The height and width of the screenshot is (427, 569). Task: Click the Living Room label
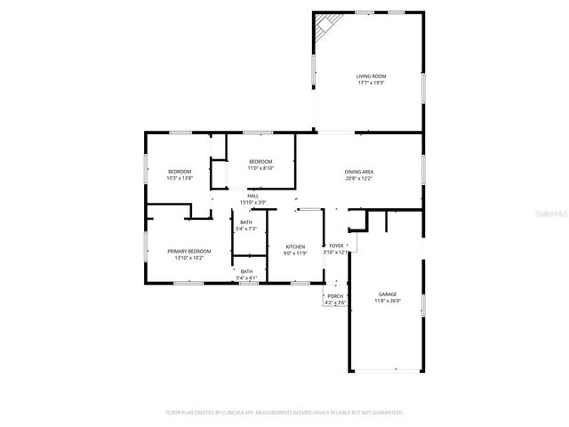pyautogui.click(x=372, y=77)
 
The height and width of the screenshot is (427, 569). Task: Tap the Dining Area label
pyautogui.click(x=358, y=172)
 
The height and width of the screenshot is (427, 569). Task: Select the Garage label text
pyautogui.click(x=388, y=294)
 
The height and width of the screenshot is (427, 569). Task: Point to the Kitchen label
pyautogui.click(x=295, y=246)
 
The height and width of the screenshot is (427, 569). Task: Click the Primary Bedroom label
pyautogui.click(x=189, y=251)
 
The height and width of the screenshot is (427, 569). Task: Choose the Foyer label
pyautogui.click(x=336, y=246)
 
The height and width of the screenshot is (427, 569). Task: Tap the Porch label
pyautogui.click(x=335, y=296)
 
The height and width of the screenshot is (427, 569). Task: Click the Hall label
pyautogui.click(x=252, y=196)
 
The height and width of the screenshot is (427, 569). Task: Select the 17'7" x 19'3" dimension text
pyautogui.click(x=372, y=84)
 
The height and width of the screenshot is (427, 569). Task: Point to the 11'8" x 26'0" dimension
pyautogui.click(x=388, y=301)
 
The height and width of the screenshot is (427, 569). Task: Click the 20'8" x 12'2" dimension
pyautogui.click(x=358, y=179)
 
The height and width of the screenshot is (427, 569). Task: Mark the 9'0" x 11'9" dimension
pyautogui.click(x=295, y=254)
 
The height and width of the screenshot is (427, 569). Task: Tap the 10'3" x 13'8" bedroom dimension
pyautogui.click(x=180, y=178)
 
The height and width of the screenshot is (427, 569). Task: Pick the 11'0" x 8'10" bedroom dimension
pyautogui.click(x=260, y=167)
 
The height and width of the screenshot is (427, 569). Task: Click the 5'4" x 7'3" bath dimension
pyautogui.click(x=246, y=229)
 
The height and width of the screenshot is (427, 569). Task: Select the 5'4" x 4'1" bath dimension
pyautogui.click(x=246, y=278)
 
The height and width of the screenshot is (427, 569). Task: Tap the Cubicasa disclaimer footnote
pyautogui.click(x=284, y=413)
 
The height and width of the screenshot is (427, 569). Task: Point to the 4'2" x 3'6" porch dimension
pyautogui.click(x=335, y=303)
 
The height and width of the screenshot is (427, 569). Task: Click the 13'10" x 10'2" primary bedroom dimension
pyautogui.click(x=189, y=258)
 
